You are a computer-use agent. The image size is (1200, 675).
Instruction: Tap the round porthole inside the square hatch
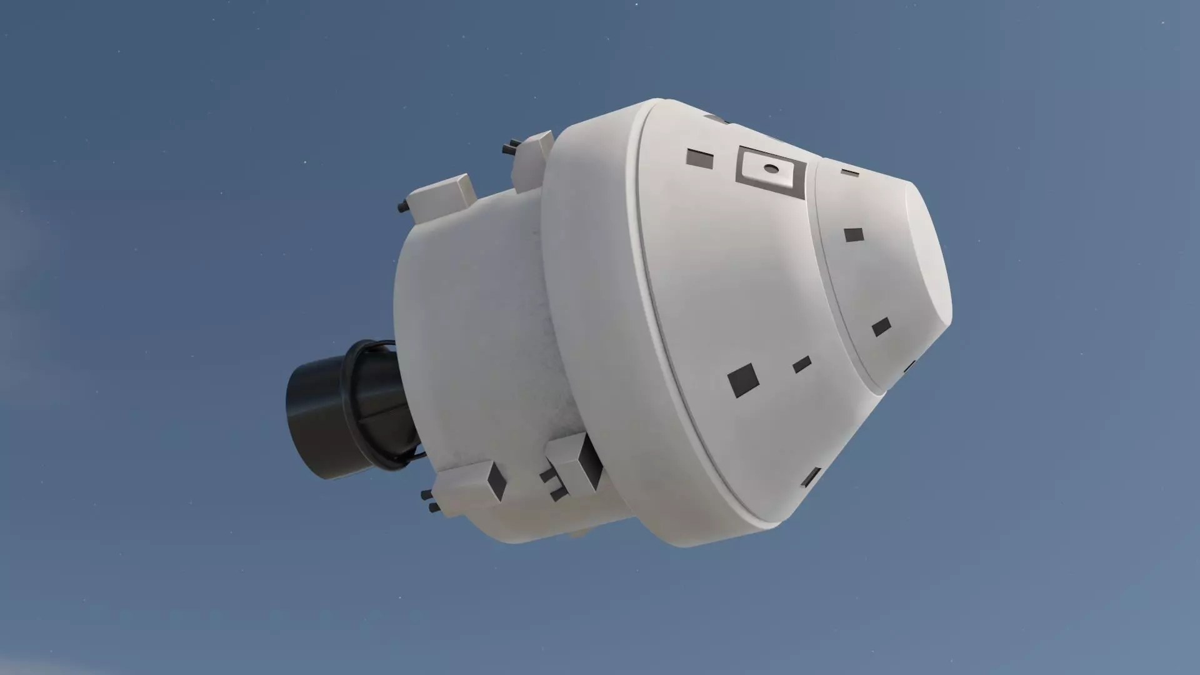pos(772,168)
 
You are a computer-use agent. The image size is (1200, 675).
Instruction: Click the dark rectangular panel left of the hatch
pos(699,159)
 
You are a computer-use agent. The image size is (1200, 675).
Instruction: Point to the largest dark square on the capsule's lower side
pos(743,380)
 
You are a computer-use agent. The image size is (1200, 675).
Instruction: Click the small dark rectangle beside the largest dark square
pos(801,364)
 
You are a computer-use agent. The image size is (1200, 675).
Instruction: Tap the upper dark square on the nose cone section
pos(854,235)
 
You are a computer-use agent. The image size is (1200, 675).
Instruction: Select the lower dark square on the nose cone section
pos(881,327)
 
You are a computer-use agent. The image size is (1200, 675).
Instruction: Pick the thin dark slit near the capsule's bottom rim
pos(811,477)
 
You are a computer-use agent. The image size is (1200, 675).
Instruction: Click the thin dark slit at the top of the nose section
pos(849,172)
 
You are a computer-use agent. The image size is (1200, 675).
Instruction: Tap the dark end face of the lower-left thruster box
pos(497,481)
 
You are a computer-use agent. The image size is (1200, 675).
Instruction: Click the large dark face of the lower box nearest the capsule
pos(590,462)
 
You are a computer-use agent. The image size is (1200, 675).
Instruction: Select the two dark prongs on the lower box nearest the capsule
pos(553,484)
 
